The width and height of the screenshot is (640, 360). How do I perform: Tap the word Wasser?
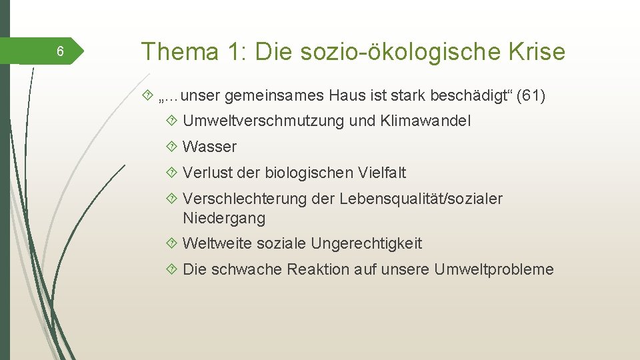pos(209,147)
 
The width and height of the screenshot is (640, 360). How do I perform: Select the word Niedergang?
pos(223,218)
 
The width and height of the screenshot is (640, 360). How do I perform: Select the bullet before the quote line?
pos(148,96)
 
